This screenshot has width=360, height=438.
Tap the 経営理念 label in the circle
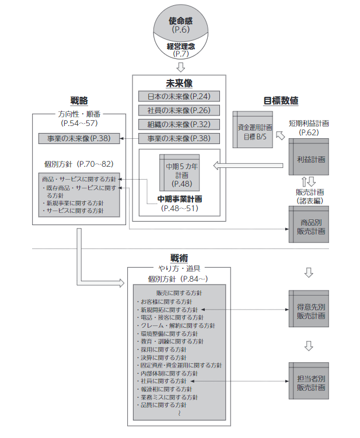[180, 44]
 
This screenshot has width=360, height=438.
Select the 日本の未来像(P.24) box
[179, 96]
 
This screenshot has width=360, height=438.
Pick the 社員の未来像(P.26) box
[179, 110]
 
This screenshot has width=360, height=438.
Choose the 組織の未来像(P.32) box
[179, 124]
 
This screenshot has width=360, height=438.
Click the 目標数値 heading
[281, 100]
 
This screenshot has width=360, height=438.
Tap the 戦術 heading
[179, 258]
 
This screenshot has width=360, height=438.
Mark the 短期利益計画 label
[309, 124]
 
